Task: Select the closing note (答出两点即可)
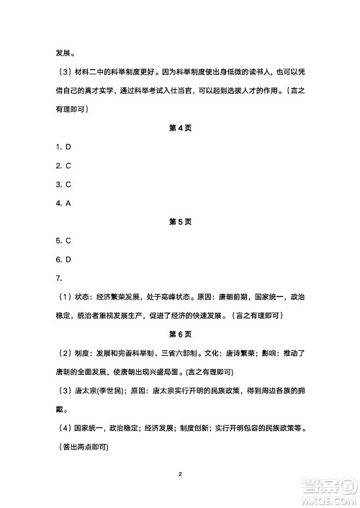tap(82, 447)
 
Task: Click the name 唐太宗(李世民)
tap(103, 391)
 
